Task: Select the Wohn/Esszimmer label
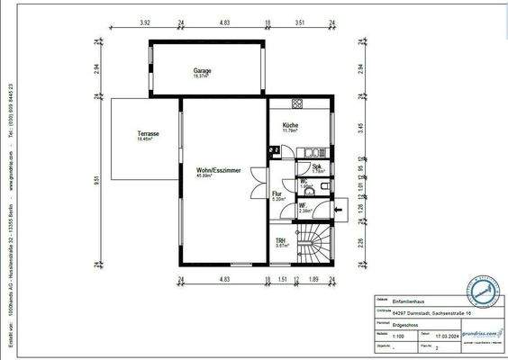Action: point(218,171)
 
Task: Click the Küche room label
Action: point(290,125)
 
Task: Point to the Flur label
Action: point(277,193)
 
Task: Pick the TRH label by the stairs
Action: point(281,242)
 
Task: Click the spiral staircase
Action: point(315,245)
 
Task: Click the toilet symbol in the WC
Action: point(323,187)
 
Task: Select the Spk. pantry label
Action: point(317,166)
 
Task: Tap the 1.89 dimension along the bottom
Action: point(314,280)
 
